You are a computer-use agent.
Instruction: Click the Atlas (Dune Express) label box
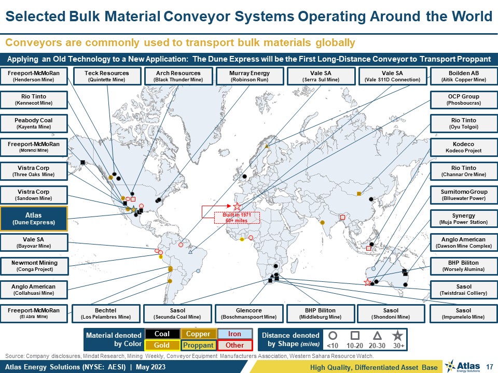pyautogui.click(x=34, y=219)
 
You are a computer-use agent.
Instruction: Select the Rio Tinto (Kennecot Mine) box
pyautogui.click(x=34, y=99)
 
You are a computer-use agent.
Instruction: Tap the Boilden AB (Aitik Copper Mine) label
pyautogui.click(x=464, y=76)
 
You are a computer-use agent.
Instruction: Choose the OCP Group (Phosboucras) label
pyautogui.click(x=464, y=99)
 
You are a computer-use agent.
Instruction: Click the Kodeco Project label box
pyautogui.click(x=464, y=147)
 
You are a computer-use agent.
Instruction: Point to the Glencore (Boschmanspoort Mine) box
pyautogui.click(x=249, y=313)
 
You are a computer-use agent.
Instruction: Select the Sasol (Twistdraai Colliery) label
pyautogui.click(x=464, y=290)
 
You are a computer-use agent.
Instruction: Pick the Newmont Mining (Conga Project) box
pyautogui.click(x=34, y=266)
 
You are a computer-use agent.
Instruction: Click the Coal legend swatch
pyautogui.click(x=162, y=334)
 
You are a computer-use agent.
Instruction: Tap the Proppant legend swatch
pyautogui.click(x=199, y=345)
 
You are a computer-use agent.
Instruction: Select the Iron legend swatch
pyautogui.click(x=234, y=334)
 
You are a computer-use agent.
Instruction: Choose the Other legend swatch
pyautogui.click(x=234, y=345)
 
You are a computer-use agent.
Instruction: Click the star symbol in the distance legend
pyautogui.click(x=397, y=336)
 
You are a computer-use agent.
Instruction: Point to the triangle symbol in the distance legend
pyautogui.click(x=377, y=336)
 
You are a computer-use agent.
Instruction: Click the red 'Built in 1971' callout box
pyautogui.click(x=237, y=218)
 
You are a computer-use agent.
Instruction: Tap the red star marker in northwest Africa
pyautogui.click(x=237, y=207)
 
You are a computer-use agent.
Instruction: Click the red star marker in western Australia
pyautogui.click(x=367, y=282)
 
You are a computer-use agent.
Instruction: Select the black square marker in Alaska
pyautogui.click(x=83, y=162)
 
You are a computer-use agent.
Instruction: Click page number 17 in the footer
pyautogui.click(x=489, y=367)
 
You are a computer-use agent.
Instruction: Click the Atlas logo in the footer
pyautogui.click(x=463, y=366)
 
